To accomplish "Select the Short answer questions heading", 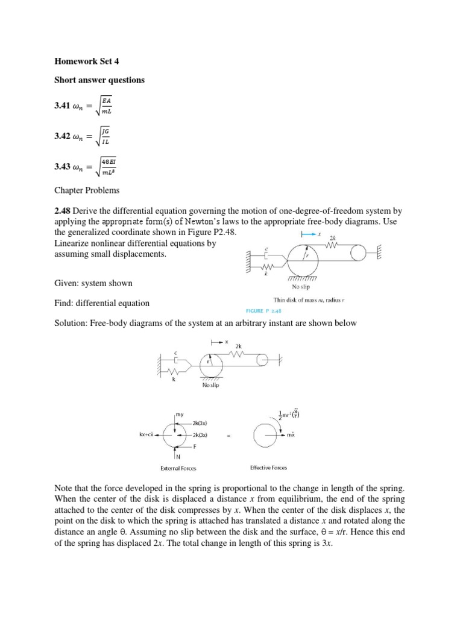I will point(99,80).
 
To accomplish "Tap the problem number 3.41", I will point(61,108).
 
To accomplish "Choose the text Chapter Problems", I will point(87,190).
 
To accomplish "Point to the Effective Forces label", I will point(268,468).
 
